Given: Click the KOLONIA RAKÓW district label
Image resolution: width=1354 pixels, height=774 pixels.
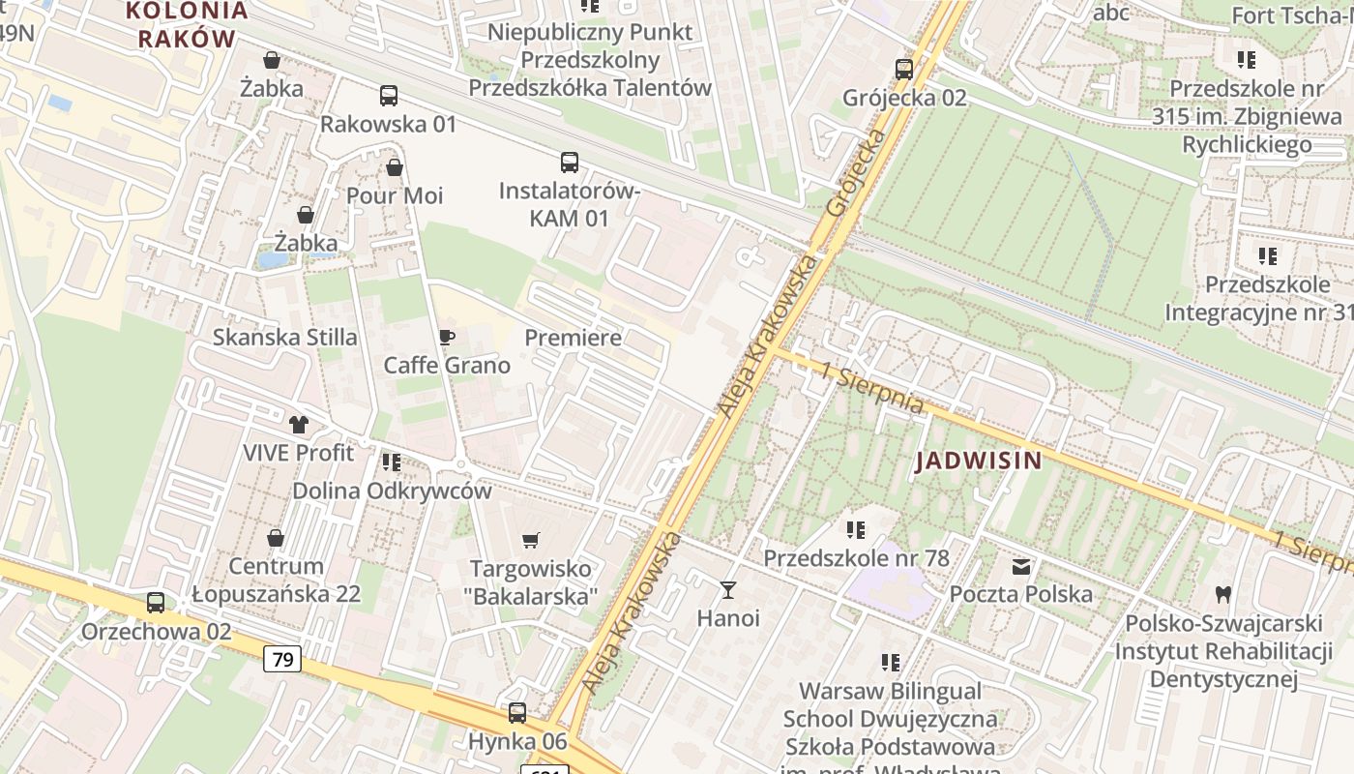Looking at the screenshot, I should click(187, 25).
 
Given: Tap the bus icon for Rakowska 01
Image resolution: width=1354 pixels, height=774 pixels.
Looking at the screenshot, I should click(389, 96).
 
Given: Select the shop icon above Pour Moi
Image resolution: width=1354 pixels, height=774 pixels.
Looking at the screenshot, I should click(395, 167).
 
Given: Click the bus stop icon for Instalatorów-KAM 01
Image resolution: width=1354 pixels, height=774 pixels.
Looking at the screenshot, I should click(570, 163).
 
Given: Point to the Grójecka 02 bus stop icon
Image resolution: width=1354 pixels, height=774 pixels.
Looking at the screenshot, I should click(904, 69).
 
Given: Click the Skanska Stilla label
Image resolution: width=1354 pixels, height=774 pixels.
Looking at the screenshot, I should click(284, 338).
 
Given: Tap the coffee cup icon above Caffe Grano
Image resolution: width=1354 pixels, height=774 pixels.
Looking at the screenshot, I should click(446, 337).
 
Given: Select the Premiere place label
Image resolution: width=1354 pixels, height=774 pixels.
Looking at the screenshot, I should click(573, 338).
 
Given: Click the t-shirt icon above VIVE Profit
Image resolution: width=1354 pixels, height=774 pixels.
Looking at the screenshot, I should click(298, 424).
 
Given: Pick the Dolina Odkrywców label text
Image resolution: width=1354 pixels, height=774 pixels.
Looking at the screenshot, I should click(392, 491).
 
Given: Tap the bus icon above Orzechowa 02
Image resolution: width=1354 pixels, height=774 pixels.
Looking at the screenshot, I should click(156, 603).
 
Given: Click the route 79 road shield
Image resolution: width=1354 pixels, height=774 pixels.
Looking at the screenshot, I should click(282, 660).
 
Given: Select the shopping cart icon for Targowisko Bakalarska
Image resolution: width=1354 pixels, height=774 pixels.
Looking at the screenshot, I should click(531, 540).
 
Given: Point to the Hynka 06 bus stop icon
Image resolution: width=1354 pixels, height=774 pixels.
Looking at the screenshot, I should click(517, 713).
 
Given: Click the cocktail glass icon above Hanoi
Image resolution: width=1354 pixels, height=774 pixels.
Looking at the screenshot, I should click(728, 589).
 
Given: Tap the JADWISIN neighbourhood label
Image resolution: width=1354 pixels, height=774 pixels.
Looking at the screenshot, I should click(979, 461).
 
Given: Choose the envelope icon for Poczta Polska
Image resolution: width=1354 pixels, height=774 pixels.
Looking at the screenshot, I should click(1021, 566).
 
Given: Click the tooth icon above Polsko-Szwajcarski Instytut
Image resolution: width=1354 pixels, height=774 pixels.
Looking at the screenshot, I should click(1222, 593).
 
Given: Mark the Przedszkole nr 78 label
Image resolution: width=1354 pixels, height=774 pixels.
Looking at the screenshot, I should click(856, 558).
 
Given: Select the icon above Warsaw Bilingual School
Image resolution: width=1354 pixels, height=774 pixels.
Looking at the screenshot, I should click(891, 663).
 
